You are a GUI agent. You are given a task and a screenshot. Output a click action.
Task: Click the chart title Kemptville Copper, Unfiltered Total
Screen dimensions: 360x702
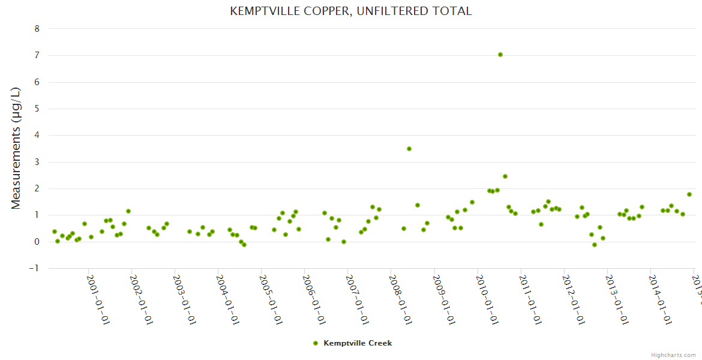(351, 11)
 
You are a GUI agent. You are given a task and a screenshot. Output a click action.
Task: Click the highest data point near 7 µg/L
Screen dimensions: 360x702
(500, 55)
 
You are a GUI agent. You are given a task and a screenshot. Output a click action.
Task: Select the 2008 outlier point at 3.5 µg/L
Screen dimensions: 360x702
(409, 149)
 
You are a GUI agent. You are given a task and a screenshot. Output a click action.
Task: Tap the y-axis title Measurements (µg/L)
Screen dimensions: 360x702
(16, 148)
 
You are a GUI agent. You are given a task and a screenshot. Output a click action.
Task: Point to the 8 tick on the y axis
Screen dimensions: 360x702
(37, 29)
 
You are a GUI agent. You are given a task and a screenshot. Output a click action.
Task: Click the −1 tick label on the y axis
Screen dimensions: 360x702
(35, 268)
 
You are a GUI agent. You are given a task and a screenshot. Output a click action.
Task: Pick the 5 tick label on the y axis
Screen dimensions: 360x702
(37, 109)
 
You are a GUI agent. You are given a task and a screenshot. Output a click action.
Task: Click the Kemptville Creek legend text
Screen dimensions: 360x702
(358, 343)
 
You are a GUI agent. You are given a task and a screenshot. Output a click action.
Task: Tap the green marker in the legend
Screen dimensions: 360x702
(316, 343)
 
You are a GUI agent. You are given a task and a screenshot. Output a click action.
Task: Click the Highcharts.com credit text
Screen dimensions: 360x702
(673, 355)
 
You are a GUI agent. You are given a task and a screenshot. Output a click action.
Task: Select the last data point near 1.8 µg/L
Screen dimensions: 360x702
(689, 194)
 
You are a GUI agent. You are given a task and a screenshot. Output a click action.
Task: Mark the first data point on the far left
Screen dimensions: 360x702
(55, 232)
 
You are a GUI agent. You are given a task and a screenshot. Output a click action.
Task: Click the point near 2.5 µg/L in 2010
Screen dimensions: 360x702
(505, 176)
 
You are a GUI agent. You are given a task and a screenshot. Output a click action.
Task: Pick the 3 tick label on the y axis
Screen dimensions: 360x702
(37, 162)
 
